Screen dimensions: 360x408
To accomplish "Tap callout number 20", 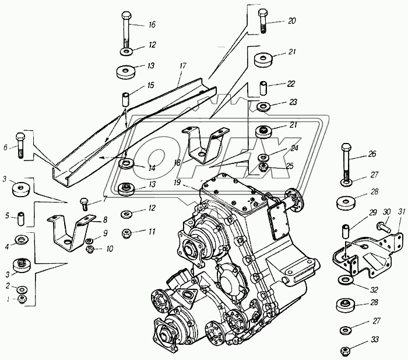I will coord(291,20).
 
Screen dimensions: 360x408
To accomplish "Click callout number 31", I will coord(400,211).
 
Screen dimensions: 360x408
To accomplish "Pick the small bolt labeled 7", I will coord(84,205).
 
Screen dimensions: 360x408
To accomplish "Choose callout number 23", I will coord(293,102).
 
